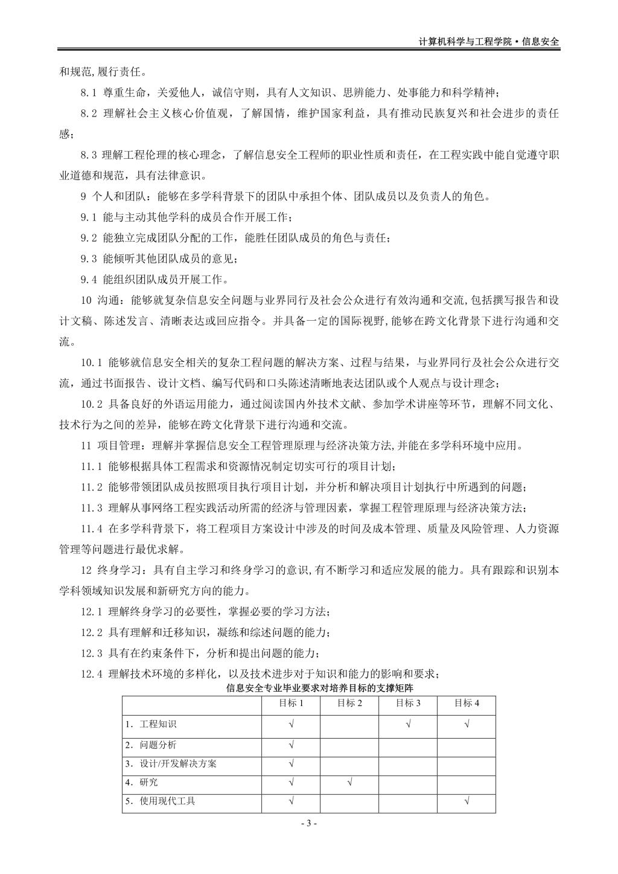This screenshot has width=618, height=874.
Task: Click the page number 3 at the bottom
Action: [308, 823]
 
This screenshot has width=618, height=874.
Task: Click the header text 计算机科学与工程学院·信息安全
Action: [489, 42]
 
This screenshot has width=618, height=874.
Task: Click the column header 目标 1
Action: [291, 703]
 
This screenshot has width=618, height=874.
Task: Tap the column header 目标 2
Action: [349, 703]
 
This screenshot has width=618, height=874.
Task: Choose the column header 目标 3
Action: [408, 703]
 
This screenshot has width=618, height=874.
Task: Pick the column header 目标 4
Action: [467, 703]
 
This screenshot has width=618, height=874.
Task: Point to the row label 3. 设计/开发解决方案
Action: [171, 763]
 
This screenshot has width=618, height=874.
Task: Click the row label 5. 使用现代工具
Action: [160, 801]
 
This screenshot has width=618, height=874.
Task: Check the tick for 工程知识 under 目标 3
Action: [408, 724]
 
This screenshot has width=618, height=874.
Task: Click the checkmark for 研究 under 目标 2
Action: [350, 782]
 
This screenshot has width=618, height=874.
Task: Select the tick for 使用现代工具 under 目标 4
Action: [467, 801]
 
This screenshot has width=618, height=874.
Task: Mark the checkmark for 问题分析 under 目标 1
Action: [291, 745]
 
